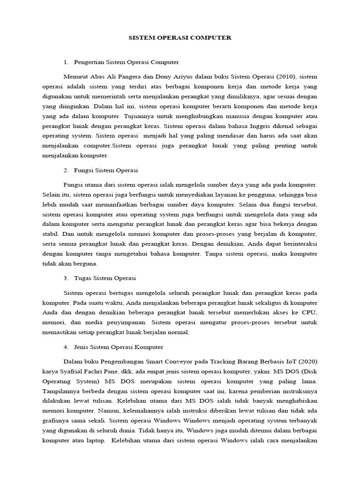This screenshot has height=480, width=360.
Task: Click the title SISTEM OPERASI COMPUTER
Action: click(x=180, y=37)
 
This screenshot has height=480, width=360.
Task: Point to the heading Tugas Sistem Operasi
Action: click(x=105, y=278)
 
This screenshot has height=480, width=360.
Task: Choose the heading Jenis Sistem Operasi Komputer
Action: click(x=119, y=347)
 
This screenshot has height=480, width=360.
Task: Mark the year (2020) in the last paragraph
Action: click(x=307, y=361)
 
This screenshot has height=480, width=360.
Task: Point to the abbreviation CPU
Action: click(x=308, y=313)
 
